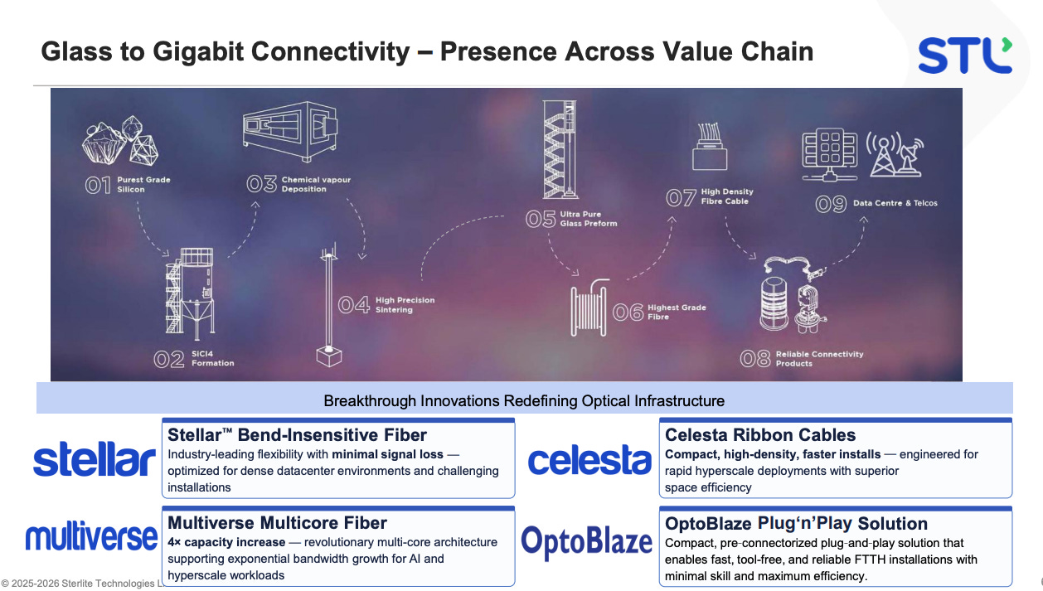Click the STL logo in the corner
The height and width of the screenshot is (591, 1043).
(x=964, y=55)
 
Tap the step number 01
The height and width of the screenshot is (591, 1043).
(x=98, y=185)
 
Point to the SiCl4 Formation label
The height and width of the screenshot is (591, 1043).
(x=212, y=359)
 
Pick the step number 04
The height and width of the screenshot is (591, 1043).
(x=353, y=305)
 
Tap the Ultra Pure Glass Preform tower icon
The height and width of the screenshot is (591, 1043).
(x=559, y=149)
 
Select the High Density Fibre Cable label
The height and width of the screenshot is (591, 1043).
(x=727, y=196)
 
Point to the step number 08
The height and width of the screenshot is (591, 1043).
(x=755, y=359)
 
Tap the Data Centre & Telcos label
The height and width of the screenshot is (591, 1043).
(x=895, y=203)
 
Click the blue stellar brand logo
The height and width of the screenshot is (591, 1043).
(x=94, y=460)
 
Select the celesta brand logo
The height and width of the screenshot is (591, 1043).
(x=589, y=460)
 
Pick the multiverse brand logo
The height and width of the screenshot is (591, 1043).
(x=91, y=537)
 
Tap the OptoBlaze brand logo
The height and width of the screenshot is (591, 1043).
(x=586, y=542)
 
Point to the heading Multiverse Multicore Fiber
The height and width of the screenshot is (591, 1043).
(x=277, y=523)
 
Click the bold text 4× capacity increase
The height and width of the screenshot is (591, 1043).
(x=226, y=542)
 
